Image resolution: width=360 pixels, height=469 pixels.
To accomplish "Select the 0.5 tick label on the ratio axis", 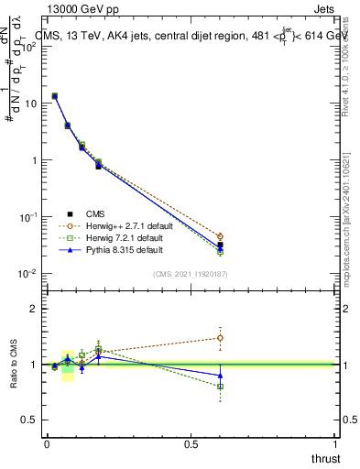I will pyautogui.click(x=29, y=420).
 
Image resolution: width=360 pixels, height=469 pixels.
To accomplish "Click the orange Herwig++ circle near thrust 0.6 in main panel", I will pyautogui.click(x=220, y=236).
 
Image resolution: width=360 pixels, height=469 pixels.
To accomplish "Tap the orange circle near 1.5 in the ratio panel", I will pyautogui.click(x=220, y=338).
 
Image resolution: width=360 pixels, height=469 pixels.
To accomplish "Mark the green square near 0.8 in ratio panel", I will pyautogui.click(x=220, y=387).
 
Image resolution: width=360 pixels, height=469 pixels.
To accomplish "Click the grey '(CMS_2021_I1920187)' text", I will pyautogui.click(x=191, y=273).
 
